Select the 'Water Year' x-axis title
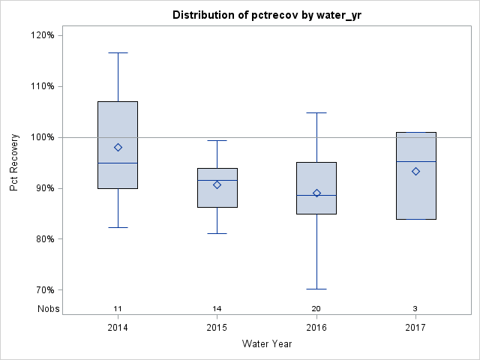267,344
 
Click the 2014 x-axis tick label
118,328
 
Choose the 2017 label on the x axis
415,328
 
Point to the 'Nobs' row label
48,309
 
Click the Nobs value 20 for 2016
316,309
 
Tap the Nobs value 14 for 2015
217,309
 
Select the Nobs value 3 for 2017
415,309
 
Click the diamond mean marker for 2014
118,147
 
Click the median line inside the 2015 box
217,180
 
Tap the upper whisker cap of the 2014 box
118,52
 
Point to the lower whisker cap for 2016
316,289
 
